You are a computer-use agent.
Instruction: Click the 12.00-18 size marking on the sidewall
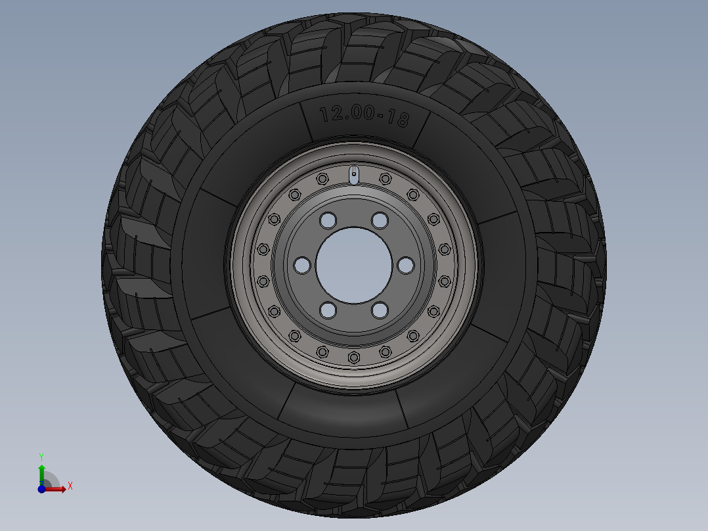tap(364, 116)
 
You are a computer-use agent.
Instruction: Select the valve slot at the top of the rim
tap(353, 175)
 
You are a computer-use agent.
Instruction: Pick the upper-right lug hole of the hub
tap(380, 219)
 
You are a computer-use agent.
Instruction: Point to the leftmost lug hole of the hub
tap(301, 265)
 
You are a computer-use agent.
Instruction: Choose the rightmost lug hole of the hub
tap(406, 265)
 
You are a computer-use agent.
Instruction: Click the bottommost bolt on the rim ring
tap(353, 357)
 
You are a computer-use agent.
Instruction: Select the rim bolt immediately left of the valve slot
tap(322, 179)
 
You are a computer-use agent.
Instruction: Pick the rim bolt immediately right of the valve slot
tap(385, 179)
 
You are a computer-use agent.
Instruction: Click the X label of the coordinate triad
tap(70, 486)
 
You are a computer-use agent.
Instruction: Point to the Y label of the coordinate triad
tap(41, 456)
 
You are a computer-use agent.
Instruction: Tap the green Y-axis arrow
tap(41, 472)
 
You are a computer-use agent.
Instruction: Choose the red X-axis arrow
tap(57, 488)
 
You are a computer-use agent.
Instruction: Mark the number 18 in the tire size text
tap(399, 119)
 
